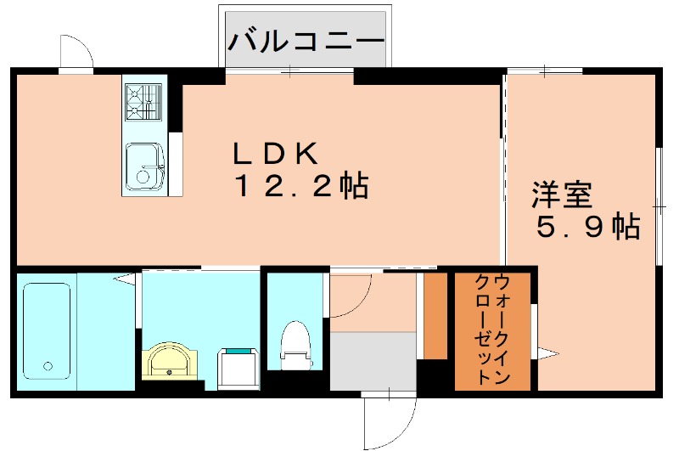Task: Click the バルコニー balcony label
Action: (306, 39)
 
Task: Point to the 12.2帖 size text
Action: (300, 185)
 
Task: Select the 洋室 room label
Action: (561, 194)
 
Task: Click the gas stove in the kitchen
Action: (142, 100)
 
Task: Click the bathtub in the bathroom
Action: (47, 330)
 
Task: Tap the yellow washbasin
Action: (174, 364)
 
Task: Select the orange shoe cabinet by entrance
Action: (435, 314)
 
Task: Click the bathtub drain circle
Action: (48, 367)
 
